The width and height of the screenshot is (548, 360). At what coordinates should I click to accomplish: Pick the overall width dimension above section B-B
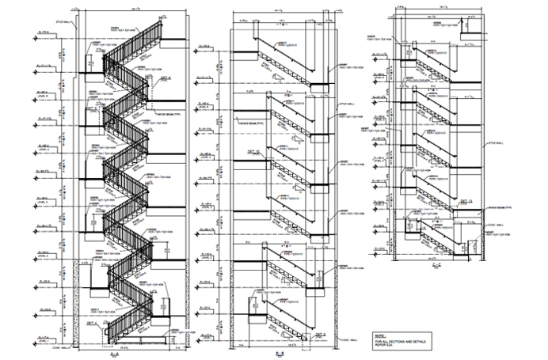point(280,9)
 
